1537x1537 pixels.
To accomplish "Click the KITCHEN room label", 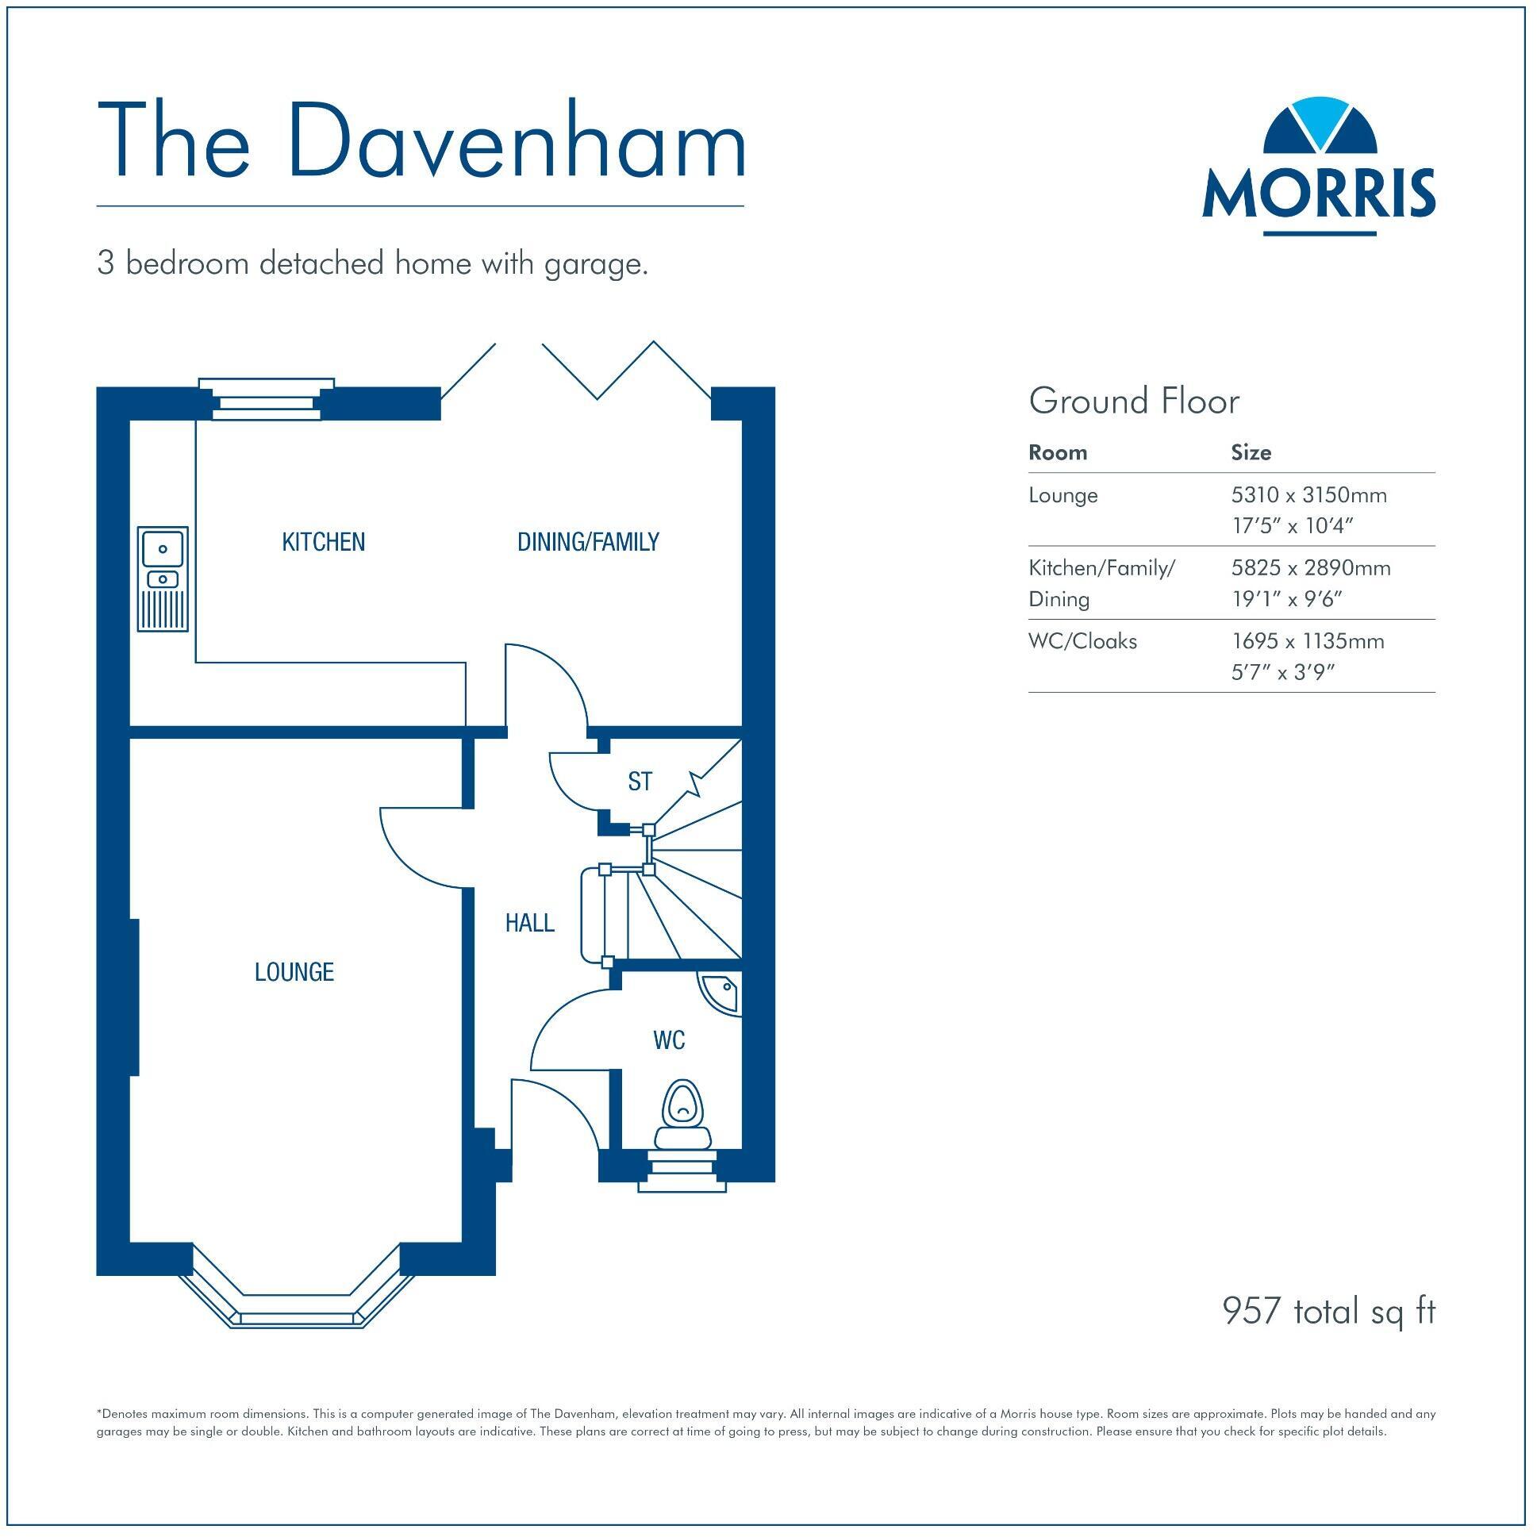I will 323,543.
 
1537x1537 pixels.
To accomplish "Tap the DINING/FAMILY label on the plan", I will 588,543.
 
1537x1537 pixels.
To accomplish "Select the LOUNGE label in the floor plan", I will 294,972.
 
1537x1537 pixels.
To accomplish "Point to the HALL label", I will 529,924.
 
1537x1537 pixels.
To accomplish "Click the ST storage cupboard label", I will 640,782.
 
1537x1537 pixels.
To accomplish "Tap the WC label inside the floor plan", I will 668,1040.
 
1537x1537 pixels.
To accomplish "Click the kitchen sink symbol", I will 163,578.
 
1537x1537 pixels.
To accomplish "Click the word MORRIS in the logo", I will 1318,193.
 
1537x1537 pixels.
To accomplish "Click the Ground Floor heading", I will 1134,402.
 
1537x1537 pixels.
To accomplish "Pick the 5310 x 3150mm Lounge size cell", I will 1308,496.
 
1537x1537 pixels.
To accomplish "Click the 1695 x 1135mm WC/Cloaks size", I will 1307,641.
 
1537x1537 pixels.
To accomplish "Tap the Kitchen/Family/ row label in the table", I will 1101,568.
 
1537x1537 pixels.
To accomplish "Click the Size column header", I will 1251,452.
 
